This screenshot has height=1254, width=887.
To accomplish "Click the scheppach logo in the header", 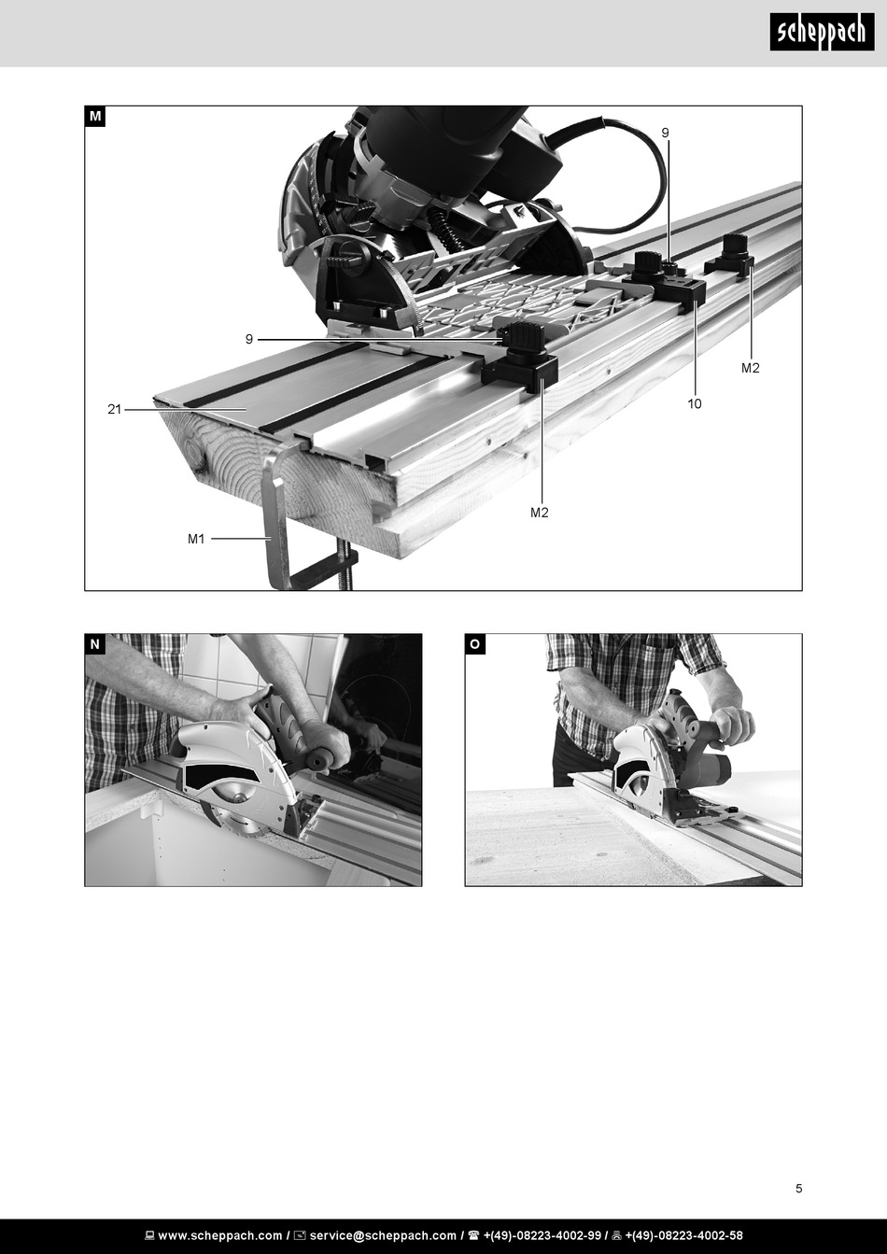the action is tap(822, 32).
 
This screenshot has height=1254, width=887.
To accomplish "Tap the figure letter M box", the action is tap(95, 117).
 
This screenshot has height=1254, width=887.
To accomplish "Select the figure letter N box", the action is tap(95, 644).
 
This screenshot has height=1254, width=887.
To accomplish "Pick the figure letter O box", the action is tap(475, 644).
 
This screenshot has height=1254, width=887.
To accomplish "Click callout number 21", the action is tap(114, 409).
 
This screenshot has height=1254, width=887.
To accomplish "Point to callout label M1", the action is tap(196, 539).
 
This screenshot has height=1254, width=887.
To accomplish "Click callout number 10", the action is tap(695, 403).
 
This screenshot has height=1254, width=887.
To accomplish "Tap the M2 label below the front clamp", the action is tap(540, 513).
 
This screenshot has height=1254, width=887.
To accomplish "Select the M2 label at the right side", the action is tap(751, 368).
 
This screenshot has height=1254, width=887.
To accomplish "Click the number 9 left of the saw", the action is tap(249, 339).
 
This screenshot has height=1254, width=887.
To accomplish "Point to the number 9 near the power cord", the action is tap(665, 133).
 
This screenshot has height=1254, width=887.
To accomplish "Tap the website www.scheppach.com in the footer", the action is tap(220, 1235).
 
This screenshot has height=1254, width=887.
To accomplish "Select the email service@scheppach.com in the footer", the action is tap(383, 1235).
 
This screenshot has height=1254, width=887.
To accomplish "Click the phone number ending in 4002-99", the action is tap(542, 1235).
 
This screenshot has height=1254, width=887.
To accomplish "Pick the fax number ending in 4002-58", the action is tap(683, 1235).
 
